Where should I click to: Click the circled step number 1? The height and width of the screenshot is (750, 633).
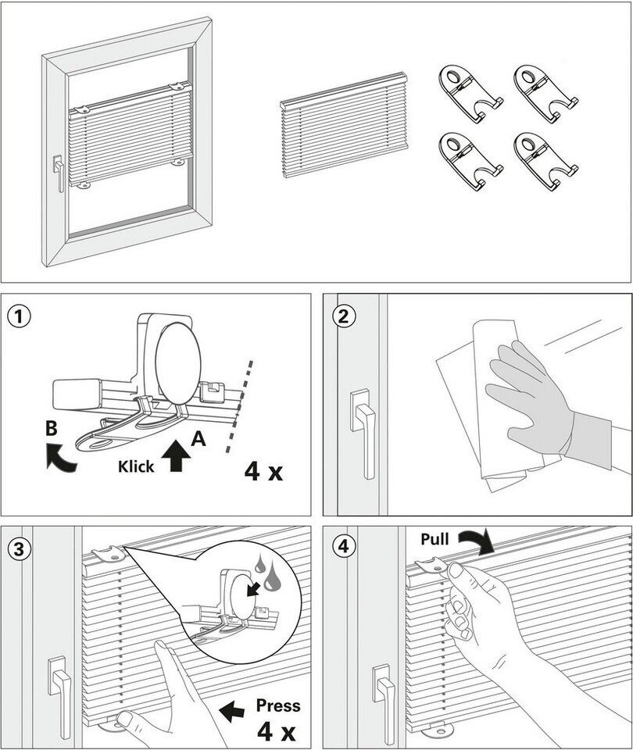pos(19,316)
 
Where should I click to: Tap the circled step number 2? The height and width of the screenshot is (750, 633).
pos(343,316)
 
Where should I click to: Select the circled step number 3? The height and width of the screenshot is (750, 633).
pos(19,548)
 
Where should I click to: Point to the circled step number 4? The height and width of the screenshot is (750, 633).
pos(343,548)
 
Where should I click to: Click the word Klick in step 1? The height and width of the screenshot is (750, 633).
pos(136,466)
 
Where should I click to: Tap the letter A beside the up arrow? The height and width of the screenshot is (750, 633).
pos(198,440)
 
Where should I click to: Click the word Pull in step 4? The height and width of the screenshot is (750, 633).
pos(435,539)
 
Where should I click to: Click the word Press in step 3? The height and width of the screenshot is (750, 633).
pos(277,705)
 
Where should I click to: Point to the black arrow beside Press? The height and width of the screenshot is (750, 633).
pos(232,711)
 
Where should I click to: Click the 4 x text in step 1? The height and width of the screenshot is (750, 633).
pos(263,472)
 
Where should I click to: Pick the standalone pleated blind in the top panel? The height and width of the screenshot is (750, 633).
pos(345,125)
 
